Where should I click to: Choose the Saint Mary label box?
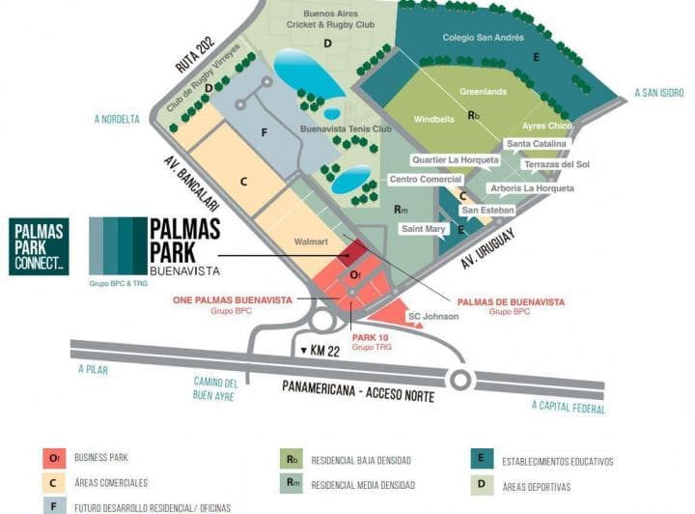tap(424, 229)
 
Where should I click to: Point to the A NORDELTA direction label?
tap(118, 120)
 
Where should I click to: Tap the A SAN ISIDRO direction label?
tap(659, 93)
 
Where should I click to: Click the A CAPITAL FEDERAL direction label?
tap(569, 408)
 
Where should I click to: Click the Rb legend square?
tap(290, 460)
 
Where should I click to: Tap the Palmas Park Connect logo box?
tap(39, 247)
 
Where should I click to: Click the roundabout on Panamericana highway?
tap(460, 379)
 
